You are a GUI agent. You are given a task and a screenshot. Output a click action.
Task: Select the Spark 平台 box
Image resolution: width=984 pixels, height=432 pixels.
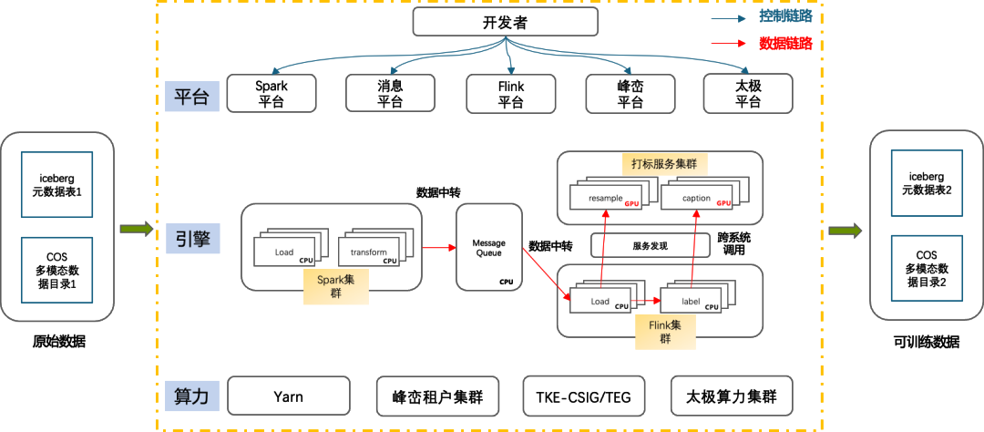[271, 94]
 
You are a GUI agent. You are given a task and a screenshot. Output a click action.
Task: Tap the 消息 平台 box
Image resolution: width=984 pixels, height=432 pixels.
[390, 94]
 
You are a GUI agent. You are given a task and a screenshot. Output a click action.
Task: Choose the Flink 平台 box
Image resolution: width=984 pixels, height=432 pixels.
[510, 94]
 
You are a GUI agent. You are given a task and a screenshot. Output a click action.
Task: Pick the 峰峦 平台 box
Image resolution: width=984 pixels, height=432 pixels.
[630, 94]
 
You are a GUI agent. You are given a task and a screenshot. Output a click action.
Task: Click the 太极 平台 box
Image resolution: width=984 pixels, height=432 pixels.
[747, 94]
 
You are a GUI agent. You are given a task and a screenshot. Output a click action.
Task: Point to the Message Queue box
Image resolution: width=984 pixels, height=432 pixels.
[488, 247]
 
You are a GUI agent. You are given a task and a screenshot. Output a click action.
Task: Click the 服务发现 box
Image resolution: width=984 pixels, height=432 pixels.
[650, 245]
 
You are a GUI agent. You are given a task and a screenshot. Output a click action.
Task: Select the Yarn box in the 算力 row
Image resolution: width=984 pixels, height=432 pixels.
[287, 397]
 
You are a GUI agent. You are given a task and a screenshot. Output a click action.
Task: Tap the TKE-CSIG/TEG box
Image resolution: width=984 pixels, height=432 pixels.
[583, 397]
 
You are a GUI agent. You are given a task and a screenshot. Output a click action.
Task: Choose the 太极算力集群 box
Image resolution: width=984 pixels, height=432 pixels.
[731, 397]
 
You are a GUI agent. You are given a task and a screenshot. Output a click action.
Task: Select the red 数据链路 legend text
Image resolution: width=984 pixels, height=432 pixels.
[785, 43]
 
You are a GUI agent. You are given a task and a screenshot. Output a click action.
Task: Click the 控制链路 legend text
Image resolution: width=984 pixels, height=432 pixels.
[785, 16]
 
